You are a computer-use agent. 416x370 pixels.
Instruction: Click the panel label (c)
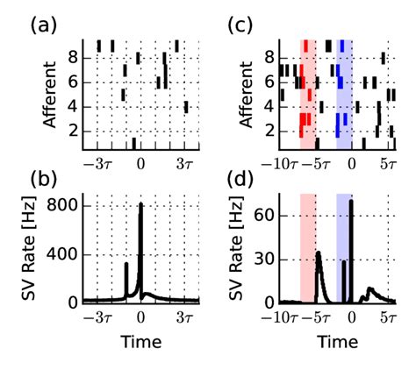click(242, 25)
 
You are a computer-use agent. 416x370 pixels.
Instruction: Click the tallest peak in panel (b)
click(140, 205)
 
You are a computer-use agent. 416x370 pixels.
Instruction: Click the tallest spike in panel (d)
click(351, 202)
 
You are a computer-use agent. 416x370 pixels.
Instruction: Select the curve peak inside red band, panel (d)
click(318, 253)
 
